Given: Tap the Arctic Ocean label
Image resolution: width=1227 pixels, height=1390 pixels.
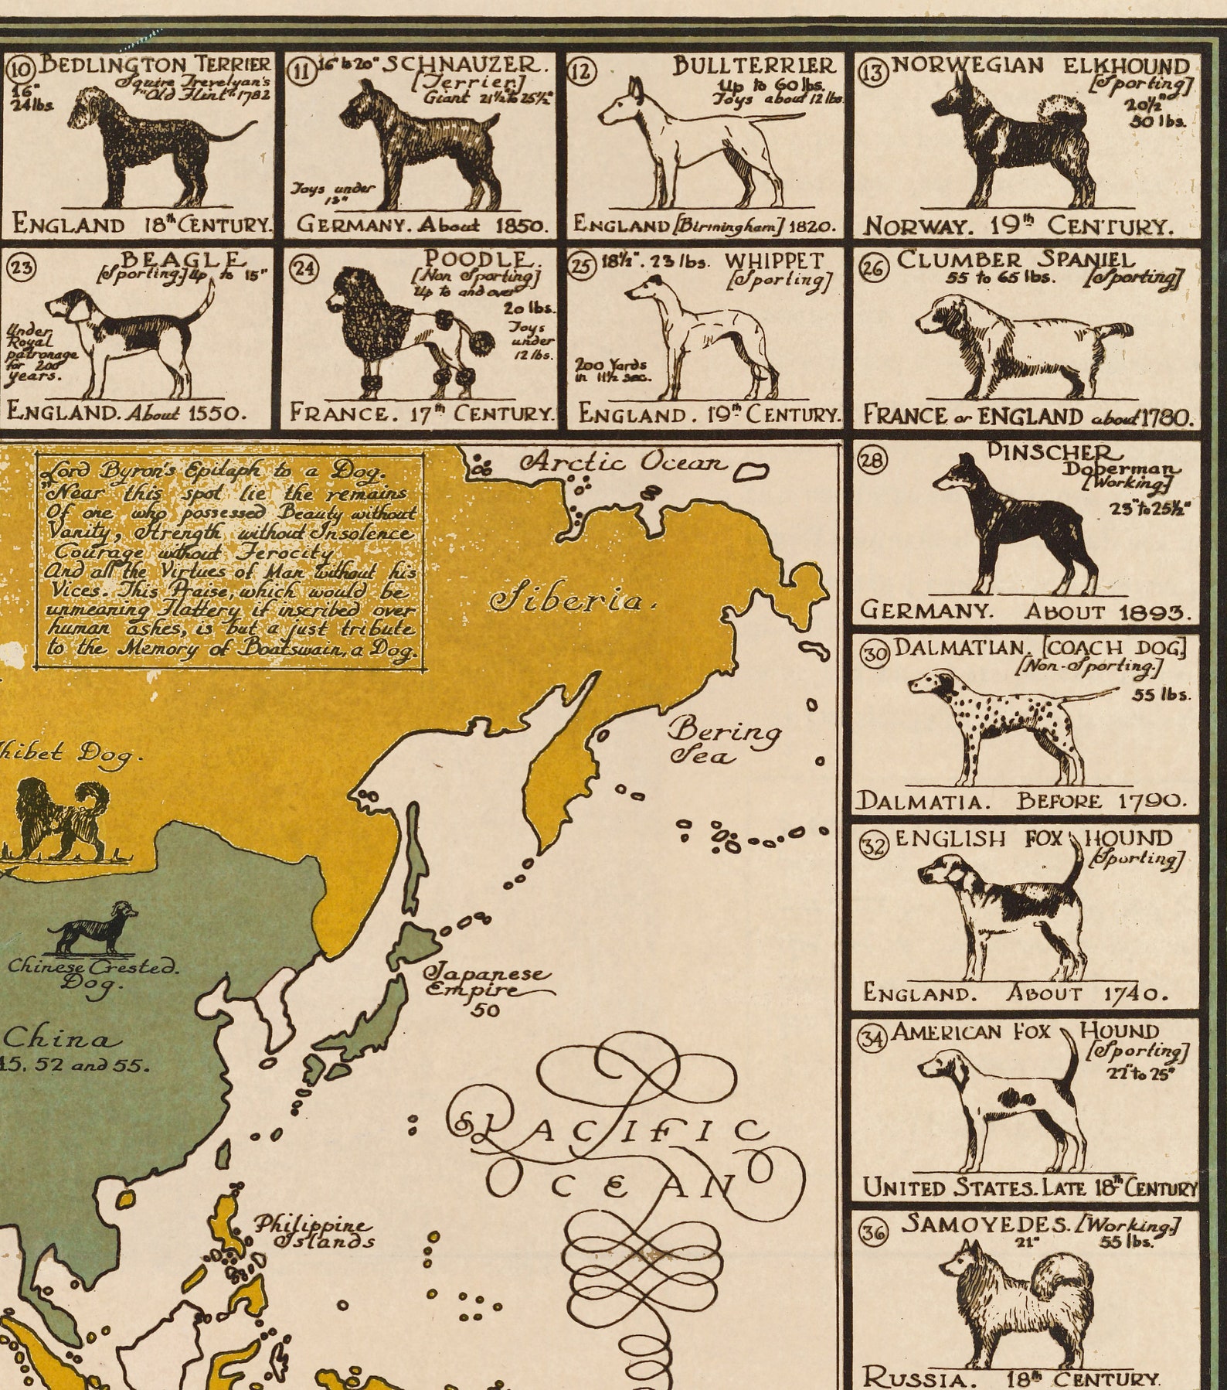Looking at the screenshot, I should tap(622, 463).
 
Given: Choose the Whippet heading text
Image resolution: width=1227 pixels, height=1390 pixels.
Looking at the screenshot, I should tap(774, 261).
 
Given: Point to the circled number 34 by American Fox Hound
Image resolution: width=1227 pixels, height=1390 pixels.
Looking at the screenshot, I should tap(873, 1039).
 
